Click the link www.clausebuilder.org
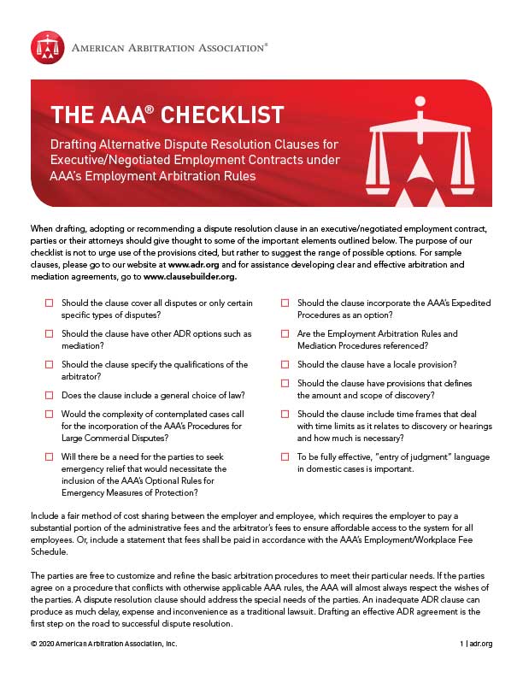pos(189,277)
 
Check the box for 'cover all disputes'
pos(49,303)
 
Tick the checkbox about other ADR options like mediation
pos(49,333)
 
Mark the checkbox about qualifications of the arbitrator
pos(49,364)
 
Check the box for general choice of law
pos(49,396)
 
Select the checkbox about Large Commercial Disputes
pos(49,415)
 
